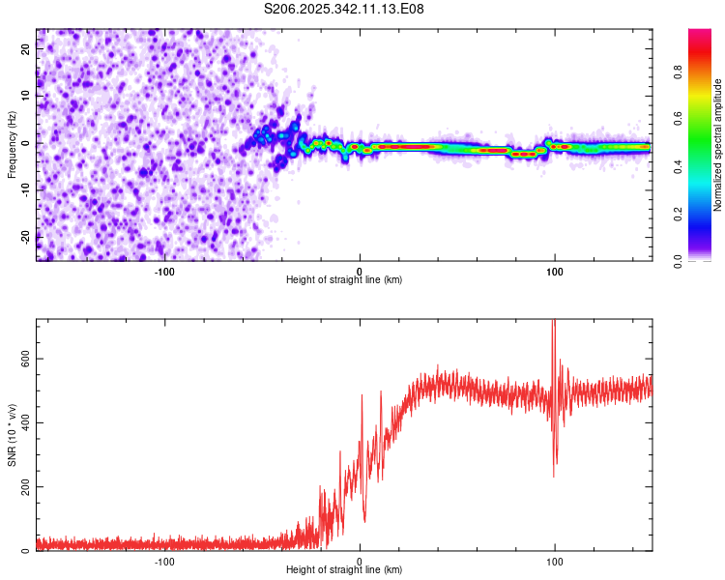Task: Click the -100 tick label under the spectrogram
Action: pos(164,272)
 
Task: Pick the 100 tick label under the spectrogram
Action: pos(555,272)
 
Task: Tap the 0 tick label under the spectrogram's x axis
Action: pos(360,272)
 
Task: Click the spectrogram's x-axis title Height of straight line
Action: pos(344,280)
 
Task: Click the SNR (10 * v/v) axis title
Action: pos(12,435)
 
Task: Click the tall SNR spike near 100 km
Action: pos(554,333)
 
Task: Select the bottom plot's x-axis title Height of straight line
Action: pos(344,570)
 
